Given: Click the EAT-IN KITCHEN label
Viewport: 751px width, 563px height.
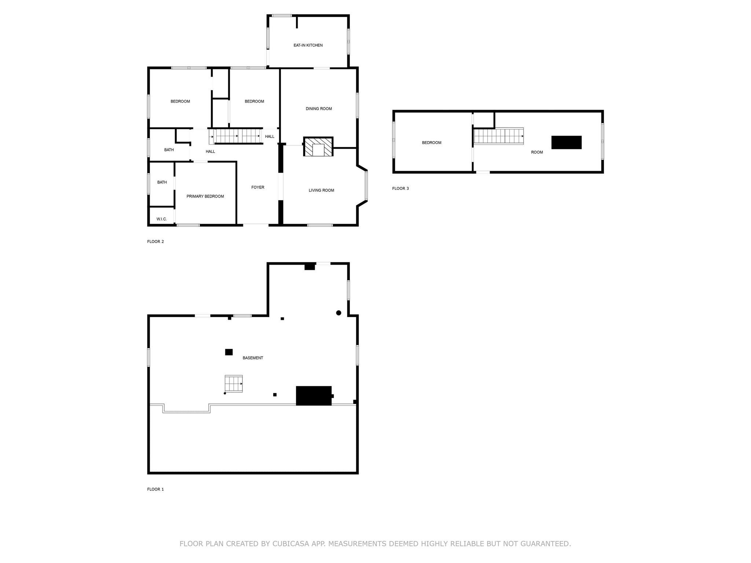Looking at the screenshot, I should [x=308, y=45].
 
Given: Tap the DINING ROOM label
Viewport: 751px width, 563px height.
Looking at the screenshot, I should [x=319, y=109].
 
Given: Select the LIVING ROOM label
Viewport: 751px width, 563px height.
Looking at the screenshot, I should [x=321, y=190].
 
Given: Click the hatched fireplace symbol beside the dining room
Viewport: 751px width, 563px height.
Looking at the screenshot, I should [x=318, y=147].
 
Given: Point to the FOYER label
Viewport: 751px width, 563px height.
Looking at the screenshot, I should [x=257, y=187].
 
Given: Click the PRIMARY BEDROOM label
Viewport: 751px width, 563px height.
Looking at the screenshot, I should [x=205, y=196].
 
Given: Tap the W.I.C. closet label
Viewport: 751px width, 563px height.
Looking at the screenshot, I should [x=161, y=219].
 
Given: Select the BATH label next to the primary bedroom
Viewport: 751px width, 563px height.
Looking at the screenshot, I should [x=162, y=182].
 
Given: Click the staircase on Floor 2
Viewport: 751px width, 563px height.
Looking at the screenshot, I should [x=237, y=136].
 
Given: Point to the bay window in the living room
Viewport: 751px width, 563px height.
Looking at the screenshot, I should [x=366, y=185].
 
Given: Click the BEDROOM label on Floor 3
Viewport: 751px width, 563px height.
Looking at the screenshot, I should [x=431, y=143].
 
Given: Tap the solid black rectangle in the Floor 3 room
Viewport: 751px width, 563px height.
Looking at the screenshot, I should [x=566, y=143].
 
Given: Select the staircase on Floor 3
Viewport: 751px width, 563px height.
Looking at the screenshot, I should [x=498, y=136].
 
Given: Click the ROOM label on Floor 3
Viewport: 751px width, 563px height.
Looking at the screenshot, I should [x=536, y=152].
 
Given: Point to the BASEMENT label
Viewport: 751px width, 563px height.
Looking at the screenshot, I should [x=253, y=358].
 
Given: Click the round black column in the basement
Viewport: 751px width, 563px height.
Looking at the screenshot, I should [x=338, y=313].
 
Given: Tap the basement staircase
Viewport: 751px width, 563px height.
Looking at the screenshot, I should [x=234, y=384].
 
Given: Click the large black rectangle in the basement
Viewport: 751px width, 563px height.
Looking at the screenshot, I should [x=314, y=395].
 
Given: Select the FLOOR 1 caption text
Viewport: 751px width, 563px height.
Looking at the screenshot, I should [x=155, y=489].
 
